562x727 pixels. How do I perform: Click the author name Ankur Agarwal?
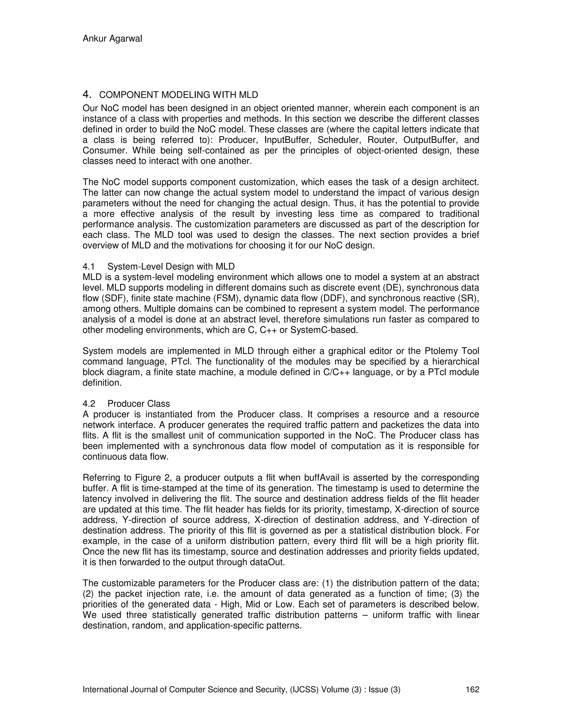click(112, 39)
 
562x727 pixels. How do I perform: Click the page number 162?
click(472, 689)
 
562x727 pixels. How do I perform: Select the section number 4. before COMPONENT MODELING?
click(86, 95)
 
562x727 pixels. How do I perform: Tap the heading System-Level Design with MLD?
click(171, 266)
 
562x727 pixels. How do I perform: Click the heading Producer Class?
click(139, 404)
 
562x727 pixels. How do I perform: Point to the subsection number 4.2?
click(89, 404)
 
